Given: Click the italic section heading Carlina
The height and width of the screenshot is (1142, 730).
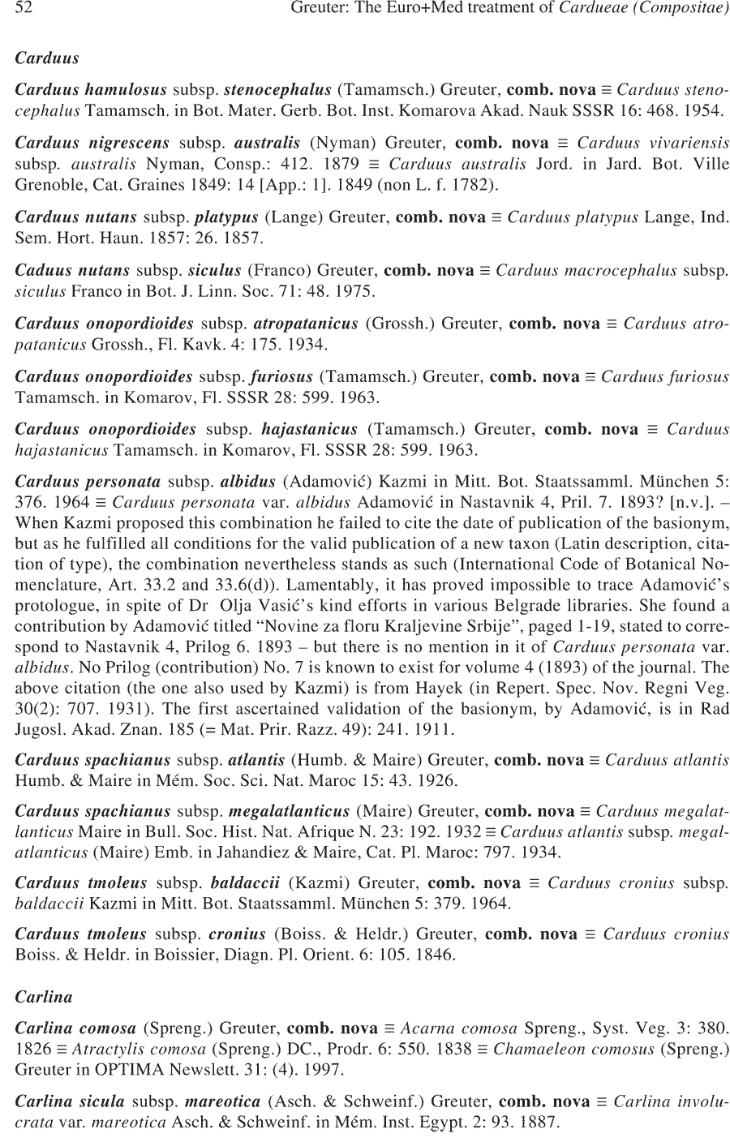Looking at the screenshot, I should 44,997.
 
